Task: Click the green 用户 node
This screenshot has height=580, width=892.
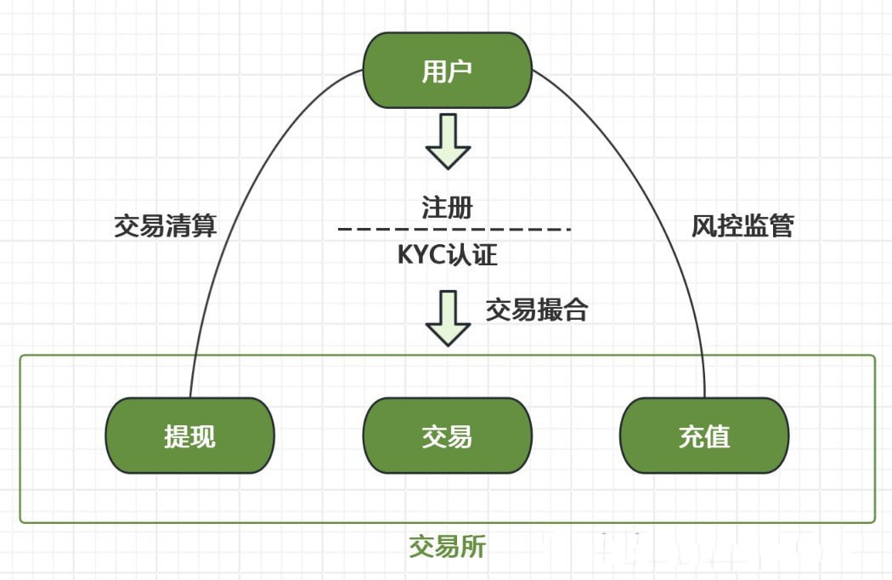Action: pos(448,71)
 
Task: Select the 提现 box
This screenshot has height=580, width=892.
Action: pos(190,436)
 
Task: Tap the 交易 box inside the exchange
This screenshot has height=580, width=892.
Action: pos(448,436)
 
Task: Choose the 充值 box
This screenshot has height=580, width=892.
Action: pos(704,436)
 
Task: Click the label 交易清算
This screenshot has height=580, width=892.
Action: pos(166,226)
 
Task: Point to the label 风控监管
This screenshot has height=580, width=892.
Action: pos(742,226)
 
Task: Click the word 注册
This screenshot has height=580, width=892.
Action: pos(447,208)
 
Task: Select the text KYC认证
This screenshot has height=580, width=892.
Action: pos(447,254)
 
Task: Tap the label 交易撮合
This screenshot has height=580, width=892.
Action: pos(537,310)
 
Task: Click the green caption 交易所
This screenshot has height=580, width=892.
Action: pos(448,546)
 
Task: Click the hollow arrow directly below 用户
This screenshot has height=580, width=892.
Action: pos(448,141)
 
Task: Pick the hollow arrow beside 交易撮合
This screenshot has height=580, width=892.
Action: pos(448,318)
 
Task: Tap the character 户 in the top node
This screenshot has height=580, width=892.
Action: pos(460,71)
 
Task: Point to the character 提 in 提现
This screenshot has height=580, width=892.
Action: pos(178,436)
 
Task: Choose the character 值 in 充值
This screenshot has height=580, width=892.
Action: pos(717,436)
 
